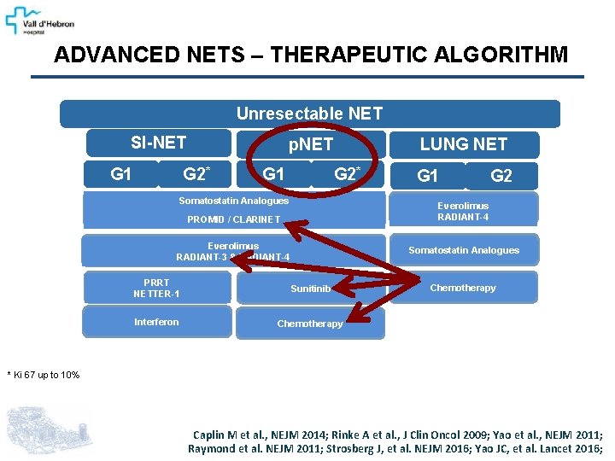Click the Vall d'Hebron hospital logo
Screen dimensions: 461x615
pos(41,19)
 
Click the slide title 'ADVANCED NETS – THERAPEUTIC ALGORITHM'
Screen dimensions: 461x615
pos(310,55)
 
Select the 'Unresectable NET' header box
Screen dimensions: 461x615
pos(309,114)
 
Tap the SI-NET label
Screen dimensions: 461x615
pos(159,142)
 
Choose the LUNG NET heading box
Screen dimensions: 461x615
pos(463,144)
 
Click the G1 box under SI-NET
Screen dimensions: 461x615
pos(121,174)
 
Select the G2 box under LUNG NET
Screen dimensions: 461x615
pos(501,176)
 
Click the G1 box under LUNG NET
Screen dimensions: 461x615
pos(427,176)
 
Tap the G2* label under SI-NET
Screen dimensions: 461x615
pos(196,174)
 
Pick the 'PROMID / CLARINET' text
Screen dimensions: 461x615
pos(233,219)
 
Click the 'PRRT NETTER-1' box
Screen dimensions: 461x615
pos(156,289)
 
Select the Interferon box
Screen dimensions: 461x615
pos(156,322)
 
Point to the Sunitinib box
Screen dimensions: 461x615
pos(309,289)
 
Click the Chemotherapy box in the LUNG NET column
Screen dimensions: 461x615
pos(463,288)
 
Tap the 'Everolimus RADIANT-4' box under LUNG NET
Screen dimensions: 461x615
pos(463,211)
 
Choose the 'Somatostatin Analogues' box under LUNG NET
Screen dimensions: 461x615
pos(463,250)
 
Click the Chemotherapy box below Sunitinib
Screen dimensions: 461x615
pos(309,324)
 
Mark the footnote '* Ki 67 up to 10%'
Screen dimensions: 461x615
pos(44,375)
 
